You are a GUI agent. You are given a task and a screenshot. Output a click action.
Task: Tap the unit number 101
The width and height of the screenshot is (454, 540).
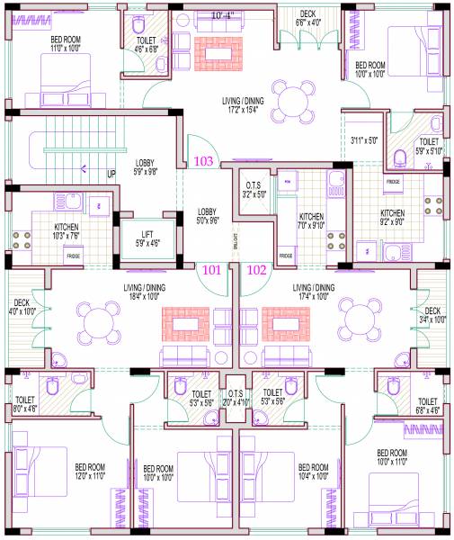pyautogui.click(x=210, y=268)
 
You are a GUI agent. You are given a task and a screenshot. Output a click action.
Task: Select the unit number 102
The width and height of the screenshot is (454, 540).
pyautogui.click(x=257, y=268)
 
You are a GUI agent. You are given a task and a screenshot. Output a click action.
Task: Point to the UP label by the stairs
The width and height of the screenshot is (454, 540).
pyautogui.click(x=111, y=175)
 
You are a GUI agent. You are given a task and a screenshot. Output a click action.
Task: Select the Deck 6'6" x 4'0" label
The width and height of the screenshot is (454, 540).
pyautogui.click(x=307, y=19)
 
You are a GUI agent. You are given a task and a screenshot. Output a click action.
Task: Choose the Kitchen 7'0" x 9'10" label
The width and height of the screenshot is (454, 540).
pyautogui.click(x=311, y=221)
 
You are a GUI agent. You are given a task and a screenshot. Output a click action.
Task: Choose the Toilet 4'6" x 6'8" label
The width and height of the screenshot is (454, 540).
pyautogui.click(x=145, y=45)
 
